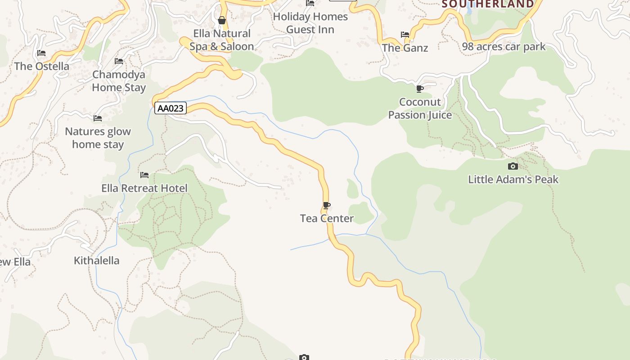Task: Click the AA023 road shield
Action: tap(171, 108)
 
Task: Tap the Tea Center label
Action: tap(327, 218)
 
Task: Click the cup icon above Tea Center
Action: tap(327, 206)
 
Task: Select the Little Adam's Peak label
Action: tap(513, 179)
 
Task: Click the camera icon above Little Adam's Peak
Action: tap(513, 166)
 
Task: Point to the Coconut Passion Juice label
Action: tap(420, 108)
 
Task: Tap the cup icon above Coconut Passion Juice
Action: tap(420, 89)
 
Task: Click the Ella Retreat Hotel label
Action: tap(144, 188)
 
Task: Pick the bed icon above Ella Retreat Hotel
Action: tap(144, 175)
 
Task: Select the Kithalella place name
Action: tap(97, 261)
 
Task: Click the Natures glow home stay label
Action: tap(98, 138)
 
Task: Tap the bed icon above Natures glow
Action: tap(98, 118)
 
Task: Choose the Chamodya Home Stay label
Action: tap(119, 81)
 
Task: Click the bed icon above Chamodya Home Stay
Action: tap(119, 61)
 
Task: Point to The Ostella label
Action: tap(41, 66)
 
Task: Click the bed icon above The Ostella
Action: tap(41, 53)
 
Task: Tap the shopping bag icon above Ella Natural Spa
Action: tap(222, 20)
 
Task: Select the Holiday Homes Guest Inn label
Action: tap(310, 23)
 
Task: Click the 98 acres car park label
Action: tap(504, 46)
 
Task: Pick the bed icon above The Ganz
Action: tap(405, 35)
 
